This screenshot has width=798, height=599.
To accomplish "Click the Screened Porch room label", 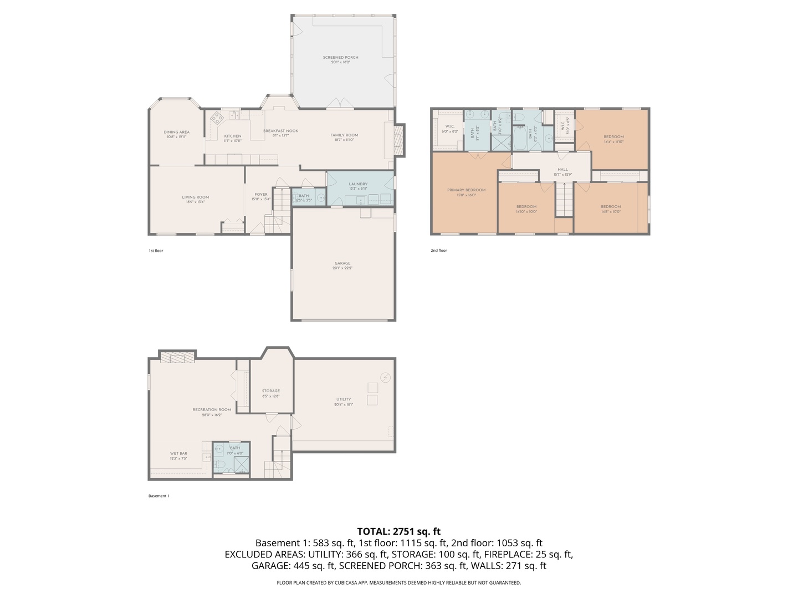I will [x=340, y=58].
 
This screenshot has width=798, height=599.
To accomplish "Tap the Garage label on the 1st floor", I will [x=342, y=263].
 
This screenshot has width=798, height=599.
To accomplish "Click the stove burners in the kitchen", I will [x=217, y=117].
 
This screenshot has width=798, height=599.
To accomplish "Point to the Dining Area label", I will [x=176, y=132].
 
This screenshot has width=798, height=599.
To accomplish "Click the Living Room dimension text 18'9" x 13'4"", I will [x=195, y=202].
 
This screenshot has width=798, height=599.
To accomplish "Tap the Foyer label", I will [x=261, y=195].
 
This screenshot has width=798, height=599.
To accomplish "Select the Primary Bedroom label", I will [x=466, y=190].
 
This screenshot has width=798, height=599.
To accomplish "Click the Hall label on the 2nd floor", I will [x=562, y=170].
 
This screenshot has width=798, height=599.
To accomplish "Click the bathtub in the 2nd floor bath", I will [x=520, y=139].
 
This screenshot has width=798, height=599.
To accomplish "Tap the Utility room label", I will [x=343, y=399].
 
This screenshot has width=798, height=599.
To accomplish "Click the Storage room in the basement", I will [x=271, y=391].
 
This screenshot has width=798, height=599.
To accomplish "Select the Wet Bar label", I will [x=178, y=454].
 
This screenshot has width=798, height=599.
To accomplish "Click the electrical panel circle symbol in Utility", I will [x=386, y=378].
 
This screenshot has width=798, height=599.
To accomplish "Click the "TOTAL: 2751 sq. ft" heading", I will [x=398, y=531].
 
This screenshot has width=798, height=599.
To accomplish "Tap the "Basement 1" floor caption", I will [x=158, y=496].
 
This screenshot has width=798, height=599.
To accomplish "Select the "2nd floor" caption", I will [x=438, y=251].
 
